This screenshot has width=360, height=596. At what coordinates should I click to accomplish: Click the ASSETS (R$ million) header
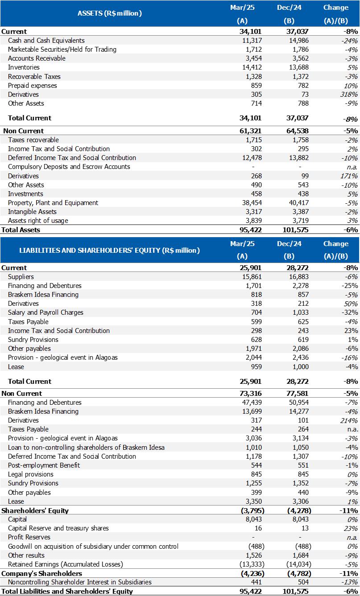110,13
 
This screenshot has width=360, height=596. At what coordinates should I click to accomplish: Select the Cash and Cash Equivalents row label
46,41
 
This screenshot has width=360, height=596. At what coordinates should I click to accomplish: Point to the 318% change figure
348,95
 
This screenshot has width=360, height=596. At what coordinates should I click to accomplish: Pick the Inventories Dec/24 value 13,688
296,67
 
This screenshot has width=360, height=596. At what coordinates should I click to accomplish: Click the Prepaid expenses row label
33,86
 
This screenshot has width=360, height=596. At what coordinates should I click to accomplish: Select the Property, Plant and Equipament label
53,203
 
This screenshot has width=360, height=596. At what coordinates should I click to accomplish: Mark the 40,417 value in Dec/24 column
296,203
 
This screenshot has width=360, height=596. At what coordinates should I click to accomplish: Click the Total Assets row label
21,230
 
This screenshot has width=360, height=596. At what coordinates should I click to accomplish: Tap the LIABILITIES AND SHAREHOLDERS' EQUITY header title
110,251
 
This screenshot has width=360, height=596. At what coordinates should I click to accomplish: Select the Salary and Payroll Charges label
46,312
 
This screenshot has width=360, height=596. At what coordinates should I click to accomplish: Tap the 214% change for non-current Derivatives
348,420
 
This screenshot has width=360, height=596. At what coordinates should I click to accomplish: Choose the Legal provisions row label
31,474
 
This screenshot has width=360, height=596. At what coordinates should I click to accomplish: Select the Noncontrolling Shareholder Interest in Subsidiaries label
80,582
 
